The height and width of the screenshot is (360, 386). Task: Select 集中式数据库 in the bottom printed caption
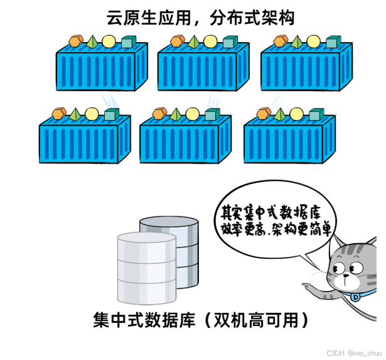[x=146, y=321]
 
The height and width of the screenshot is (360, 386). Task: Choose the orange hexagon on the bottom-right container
[x=264, y=112]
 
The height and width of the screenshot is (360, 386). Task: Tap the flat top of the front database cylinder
[x=146, y=239]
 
